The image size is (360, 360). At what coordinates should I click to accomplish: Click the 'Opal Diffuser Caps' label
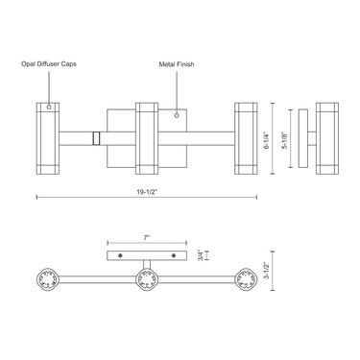coord(49,64)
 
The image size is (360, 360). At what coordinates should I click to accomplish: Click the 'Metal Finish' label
coord(177,64)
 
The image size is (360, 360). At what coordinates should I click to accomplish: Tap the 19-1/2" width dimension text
coord(148,192)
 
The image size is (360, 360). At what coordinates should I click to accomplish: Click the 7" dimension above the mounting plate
coord(147,238)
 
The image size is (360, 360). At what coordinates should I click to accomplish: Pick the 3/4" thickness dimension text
coord(202,255)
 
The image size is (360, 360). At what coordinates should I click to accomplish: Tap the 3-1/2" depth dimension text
coord(266,271)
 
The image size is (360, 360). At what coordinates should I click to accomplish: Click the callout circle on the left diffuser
coord(49,108)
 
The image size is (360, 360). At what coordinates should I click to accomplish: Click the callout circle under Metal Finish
coord(177,115)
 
